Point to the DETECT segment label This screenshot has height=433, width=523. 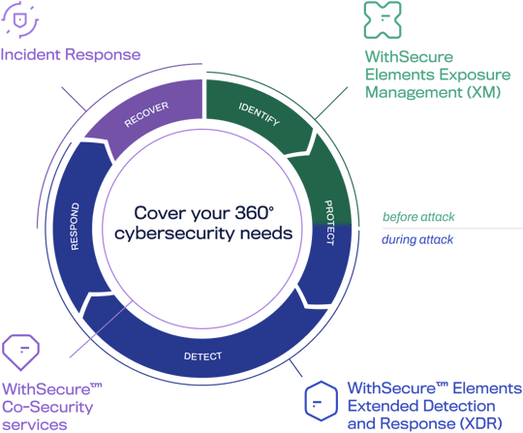(202, 355)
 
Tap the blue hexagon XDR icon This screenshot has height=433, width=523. (320, 398)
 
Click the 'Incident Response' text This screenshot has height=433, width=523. (71, 54)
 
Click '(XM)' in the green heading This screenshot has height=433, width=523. (459, 94)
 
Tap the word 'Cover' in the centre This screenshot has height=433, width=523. (156, 212)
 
